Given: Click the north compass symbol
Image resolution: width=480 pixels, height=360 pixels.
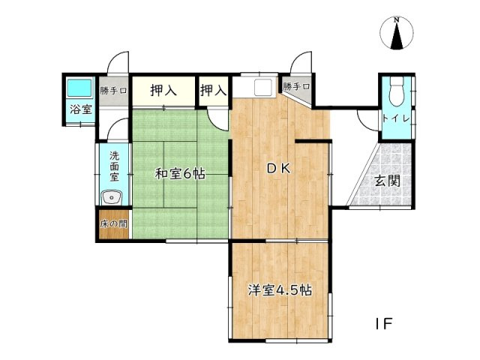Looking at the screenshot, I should (x=397, y=34).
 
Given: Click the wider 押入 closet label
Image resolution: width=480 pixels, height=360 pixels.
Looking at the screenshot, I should (x=163, y=91).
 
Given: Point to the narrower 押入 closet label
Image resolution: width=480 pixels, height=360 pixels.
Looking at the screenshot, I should (x=213, y=91).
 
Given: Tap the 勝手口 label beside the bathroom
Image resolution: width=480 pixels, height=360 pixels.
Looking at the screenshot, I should (x=114, y=90).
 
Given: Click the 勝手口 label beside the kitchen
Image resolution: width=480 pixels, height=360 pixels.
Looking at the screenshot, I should (x=297, y=87).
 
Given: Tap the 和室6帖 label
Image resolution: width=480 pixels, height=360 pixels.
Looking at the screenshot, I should (x=180, y=174).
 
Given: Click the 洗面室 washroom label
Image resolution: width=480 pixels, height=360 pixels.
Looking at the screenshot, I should (x=114, y=166).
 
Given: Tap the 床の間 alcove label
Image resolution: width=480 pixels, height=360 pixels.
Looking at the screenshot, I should (x=114, y=224).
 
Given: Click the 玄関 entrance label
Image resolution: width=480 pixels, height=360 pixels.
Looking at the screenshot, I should (x=387, y=180).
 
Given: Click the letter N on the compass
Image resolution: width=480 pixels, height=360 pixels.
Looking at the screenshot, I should (x=397, y=20).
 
